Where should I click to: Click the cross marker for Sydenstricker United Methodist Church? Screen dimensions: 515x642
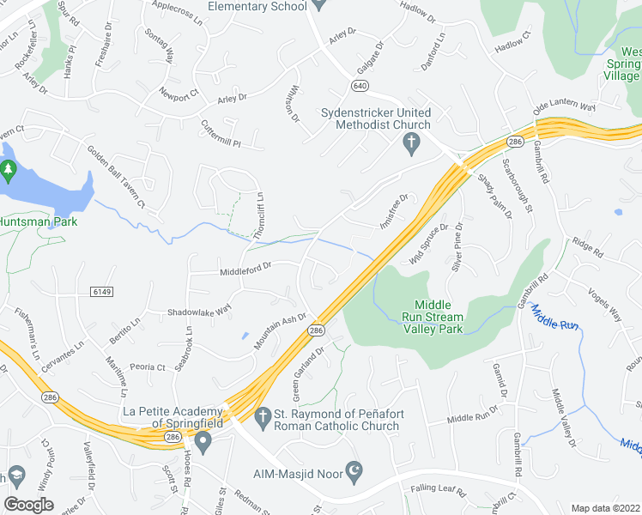(411, 142)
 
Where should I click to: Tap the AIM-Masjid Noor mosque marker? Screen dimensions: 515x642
(354, 470)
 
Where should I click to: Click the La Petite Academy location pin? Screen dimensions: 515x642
(203, 443)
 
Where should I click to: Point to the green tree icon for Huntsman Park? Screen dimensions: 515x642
(9, 170)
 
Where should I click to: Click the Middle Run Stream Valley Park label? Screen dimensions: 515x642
(439, 317)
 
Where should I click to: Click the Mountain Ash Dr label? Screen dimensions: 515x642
(281, 331)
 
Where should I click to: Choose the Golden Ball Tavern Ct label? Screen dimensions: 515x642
(115, 177)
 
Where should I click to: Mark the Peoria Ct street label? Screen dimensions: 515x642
(148, 367)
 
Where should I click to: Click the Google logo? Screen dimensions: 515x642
(29, 505)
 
